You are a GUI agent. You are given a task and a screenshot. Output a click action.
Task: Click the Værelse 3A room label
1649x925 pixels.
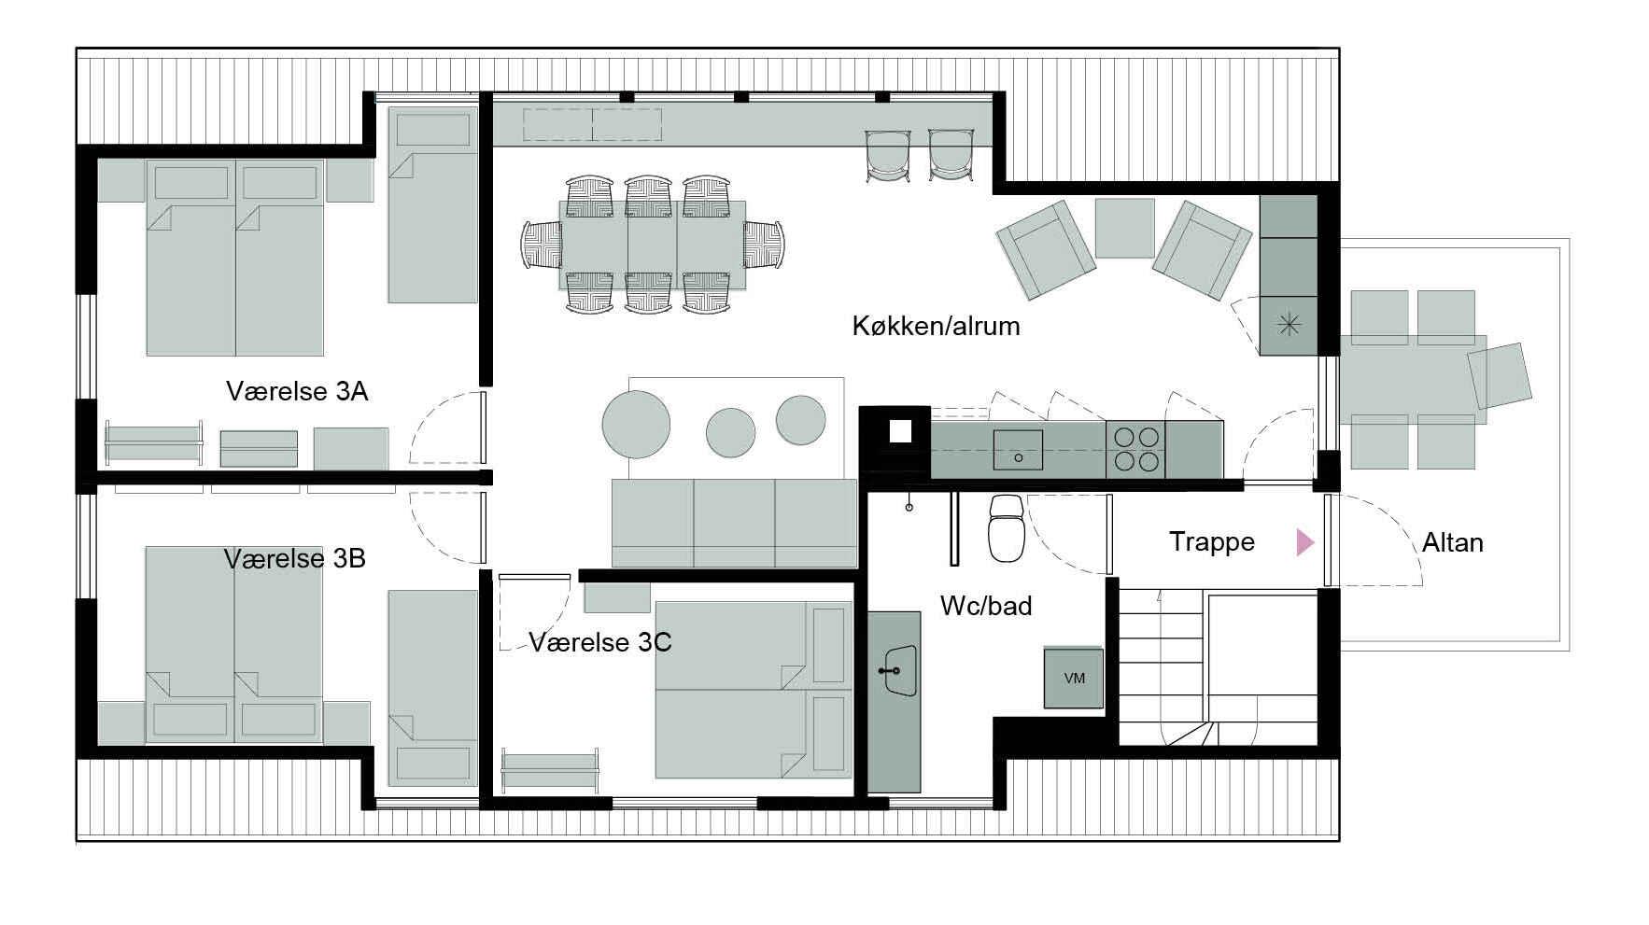[297, 390]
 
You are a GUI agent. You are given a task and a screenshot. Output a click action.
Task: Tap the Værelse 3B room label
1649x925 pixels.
[294, 558]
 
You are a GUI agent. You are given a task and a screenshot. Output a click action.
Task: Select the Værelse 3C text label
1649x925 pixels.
[600, 642]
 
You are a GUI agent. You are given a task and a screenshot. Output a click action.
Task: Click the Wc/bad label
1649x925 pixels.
[986, 606]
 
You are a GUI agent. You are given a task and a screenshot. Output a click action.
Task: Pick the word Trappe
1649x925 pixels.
[1212, 542]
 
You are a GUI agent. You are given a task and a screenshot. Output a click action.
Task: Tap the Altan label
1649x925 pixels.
[1452, 542]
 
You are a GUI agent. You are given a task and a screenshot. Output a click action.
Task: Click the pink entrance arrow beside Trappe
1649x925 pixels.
[1304, 542]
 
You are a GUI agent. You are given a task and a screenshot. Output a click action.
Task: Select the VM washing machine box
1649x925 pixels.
[1074, 678]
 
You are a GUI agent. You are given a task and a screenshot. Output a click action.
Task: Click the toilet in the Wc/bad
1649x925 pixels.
[1007, 528]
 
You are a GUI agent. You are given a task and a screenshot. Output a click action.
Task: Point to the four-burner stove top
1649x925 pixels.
[1135, 449]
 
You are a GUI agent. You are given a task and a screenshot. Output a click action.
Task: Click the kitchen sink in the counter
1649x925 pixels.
[1018, 449]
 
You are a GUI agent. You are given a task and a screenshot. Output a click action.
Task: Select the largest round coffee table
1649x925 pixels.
[636, 424]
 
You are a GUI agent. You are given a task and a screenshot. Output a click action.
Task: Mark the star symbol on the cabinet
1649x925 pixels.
[1288, 325]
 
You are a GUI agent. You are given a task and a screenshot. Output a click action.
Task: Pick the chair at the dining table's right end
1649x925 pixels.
[765, 245]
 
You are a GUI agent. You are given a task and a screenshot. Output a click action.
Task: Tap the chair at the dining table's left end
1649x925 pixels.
[542, 245]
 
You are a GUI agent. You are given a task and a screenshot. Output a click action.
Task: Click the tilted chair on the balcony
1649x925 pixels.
[1500, 375]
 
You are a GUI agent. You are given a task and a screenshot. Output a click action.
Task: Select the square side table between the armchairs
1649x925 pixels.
[1124, 228]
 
